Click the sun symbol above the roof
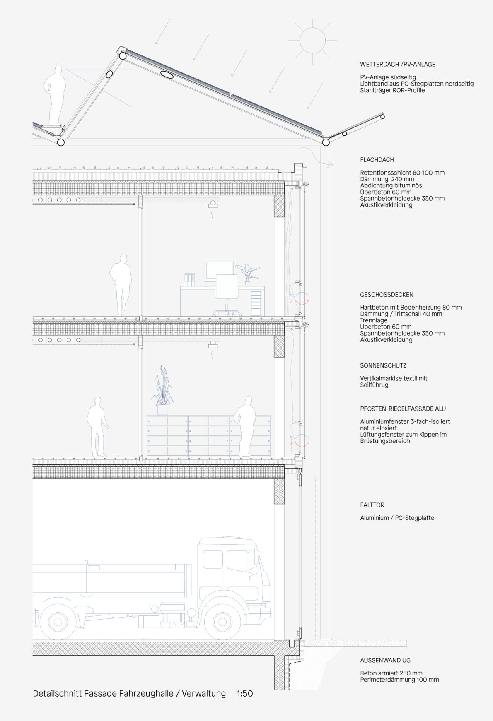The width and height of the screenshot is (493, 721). click(312, 40)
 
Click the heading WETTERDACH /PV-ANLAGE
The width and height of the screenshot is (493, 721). click(398, 65)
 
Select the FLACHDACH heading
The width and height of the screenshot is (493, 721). click(377, 160)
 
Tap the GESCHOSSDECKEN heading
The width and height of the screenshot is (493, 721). click(387, 295)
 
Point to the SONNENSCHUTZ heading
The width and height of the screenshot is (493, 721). click(383, 365)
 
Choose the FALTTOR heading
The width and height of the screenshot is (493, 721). click(372, 505)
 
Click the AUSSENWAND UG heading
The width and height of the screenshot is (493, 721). click(385, 660)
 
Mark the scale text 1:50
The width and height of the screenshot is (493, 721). click(245, 694)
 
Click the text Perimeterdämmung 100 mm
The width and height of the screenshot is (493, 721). click(399, 680)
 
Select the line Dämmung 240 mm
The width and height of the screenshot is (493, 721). click(387, 179)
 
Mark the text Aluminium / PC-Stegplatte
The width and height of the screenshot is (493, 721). click(397, 518)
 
